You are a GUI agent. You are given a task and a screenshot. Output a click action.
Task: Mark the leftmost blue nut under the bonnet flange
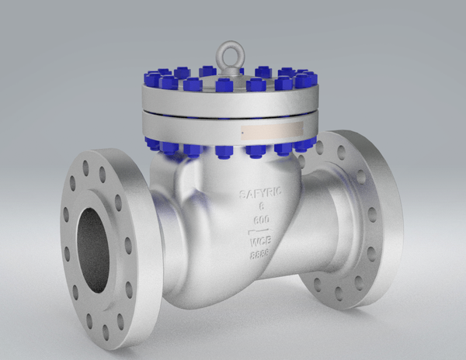(x=152, y=142)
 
